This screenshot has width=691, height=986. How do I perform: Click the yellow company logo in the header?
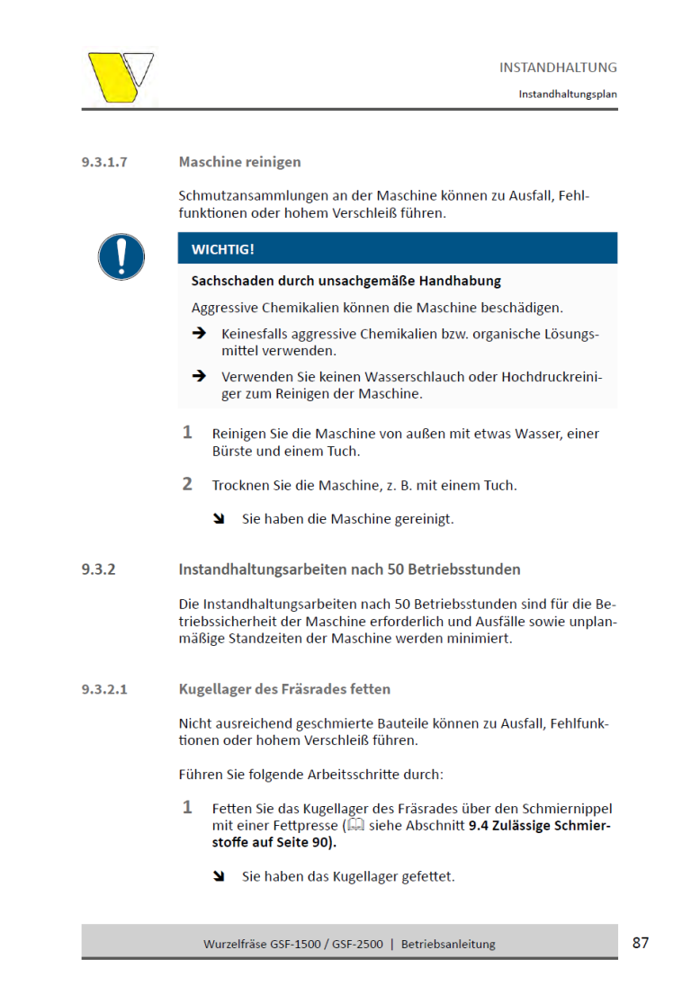(x=119, y=76)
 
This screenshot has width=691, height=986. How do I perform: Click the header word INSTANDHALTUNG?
(x=558, y=67)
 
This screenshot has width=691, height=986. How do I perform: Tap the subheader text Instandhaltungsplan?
(x=567, y=94)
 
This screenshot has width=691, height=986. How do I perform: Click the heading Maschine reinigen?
(x=239, y=162)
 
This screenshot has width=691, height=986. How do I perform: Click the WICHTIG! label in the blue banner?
(x=222, y=249)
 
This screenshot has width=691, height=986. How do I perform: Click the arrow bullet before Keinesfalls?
(x=199, y=334)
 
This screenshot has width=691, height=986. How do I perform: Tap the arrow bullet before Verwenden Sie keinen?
(x=199, y=376)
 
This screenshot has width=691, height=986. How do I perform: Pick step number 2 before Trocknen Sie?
(x=187, y=484)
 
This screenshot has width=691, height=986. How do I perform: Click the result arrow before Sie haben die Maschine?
(x=219, y=519)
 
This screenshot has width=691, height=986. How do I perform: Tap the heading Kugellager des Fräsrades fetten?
(x=284, y=690)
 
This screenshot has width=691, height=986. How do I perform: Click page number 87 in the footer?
(x=641, y=943)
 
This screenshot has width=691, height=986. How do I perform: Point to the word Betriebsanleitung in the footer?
(x=448, y=944)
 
